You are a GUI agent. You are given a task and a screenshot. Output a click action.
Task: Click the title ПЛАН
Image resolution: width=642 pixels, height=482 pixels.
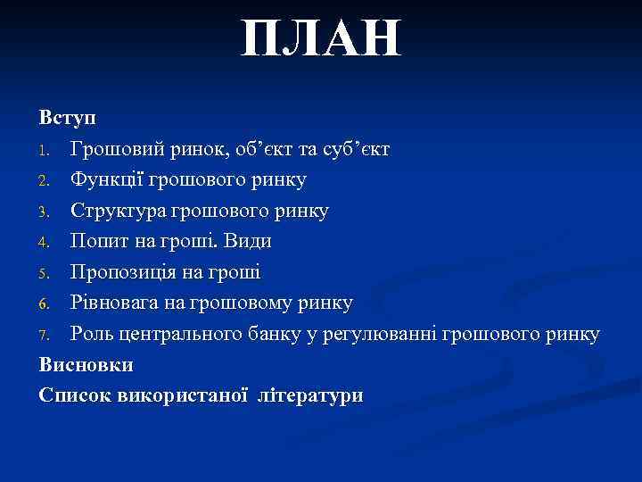click(322, 41)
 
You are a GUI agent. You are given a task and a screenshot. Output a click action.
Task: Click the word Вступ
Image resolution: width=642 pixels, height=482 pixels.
click(69, 117)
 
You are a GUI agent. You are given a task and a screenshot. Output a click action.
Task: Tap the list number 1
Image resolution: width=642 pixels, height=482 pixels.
click(45, 149)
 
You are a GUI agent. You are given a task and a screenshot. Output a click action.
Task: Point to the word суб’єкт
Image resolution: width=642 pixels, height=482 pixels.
click(353, 148)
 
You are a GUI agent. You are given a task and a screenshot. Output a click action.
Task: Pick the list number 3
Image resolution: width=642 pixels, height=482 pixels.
click(45, 212)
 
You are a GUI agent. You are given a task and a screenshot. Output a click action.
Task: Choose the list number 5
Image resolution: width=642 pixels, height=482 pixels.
click(45, 273)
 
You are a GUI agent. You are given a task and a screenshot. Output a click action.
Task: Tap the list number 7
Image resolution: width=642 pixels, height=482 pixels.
click(45, 335)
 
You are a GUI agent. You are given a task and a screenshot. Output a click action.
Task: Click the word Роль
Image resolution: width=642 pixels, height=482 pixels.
click(93, 334)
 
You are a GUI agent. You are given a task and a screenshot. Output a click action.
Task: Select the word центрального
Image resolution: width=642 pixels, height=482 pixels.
click(184, 334)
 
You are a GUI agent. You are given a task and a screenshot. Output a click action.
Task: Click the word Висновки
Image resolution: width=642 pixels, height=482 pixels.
click(86, 364)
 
